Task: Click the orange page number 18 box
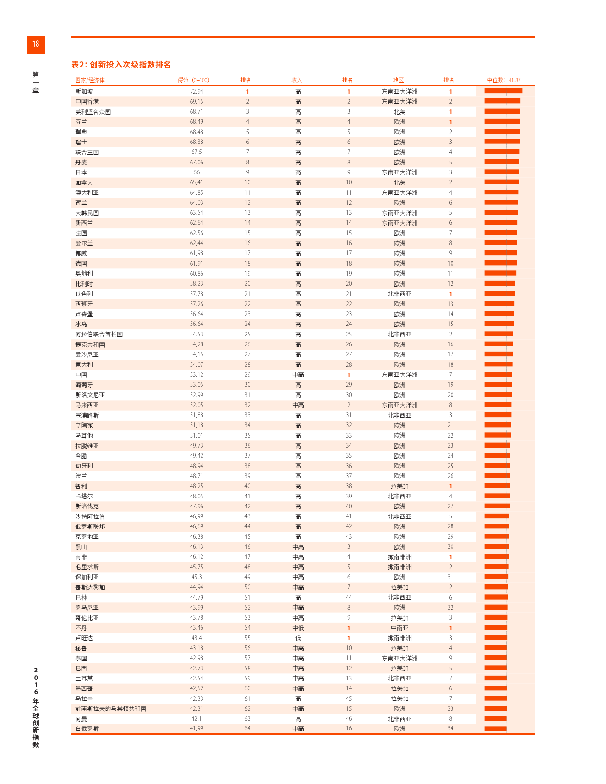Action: point(36,44)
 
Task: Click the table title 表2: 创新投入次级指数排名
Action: point(121,65)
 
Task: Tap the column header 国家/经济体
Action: point(90,80)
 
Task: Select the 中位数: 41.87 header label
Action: point(504,80)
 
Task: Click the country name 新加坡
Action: point(84,91)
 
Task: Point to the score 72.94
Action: point(196,91)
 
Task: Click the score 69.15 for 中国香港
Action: point(196,101)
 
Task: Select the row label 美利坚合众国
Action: point(93,112)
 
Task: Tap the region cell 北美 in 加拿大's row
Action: point(400,182)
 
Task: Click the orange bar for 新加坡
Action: point(503,91)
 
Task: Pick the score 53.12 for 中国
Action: point(196,374)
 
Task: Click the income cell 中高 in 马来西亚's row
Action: point(298,405)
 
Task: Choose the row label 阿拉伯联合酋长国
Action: point(99,334)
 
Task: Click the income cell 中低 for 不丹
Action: point(298,628)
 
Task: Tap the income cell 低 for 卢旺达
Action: point(298,638)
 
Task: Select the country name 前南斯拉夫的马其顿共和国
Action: point(111,708)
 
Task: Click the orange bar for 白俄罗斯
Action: point(495,728)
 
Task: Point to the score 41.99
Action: point(196,728)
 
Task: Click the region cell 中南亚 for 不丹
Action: point(400,628)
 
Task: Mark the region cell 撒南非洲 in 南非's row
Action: point(400,557)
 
